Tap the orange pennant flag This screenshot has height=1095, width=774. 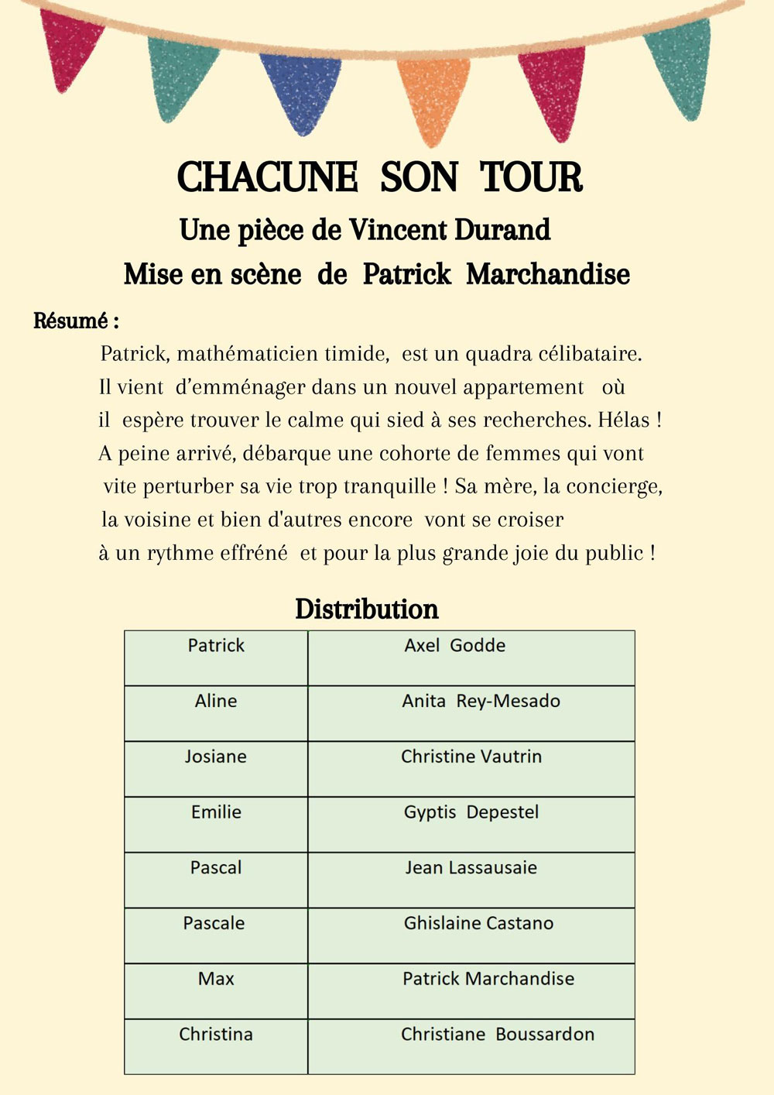433,97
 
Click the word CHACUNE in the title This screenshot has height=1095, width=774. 267,177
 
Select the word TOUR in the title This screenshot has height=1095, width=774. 531,177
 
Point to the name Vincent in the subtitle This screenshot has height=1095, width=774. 397,230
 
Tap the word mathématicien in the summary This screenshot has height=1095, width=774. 282,354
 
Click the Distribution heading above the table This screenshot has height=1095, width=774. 367,609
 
